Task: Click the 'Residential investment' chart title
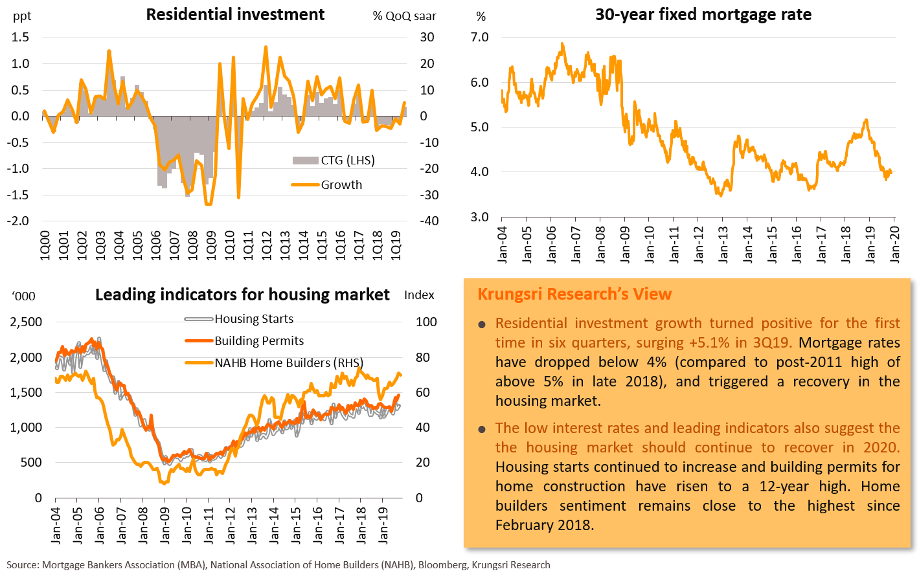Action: tap(235, 14)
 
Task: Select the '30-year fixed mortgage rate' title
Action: tap(703, 14)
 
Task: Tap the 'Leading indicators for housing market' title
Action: tap(242, 295)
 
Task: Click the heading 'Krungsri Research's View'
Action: tap(574, 294)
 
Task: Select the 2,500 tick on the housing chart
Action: tap(25, 322)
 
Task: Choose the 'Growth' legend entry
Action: tap(341, 185)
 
